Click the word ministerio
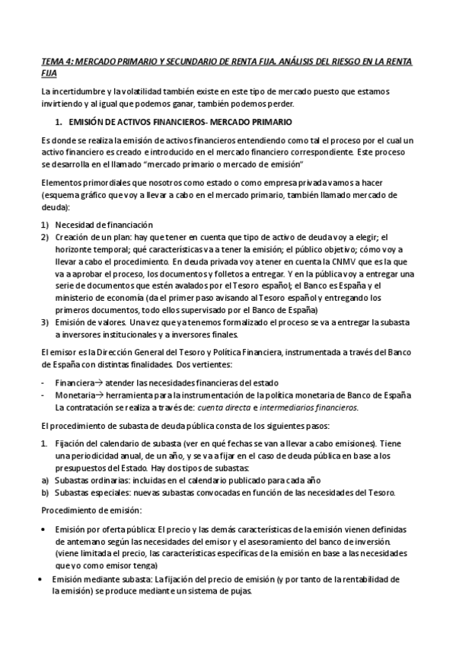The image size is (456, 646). click(78, 298)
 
